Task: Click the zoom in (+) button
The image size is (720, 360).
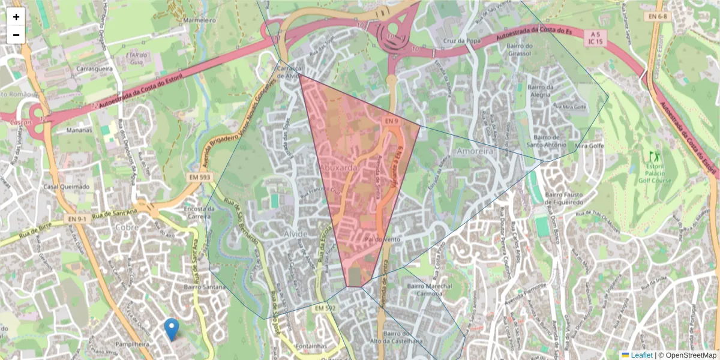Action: pyautogui.click(x=16, y=17)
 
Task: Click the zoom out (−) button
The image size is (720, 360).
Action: pyautogui.click(x=16, y=35)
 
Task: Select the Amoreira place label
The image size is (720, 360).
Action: pyautogui.click(x=474, y=152)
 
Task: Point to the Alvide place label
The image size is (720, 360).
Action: pyautogui.click(x=295, y=233)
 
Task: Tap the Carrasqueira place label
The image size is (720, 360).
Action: pyautogui.click(x=94, y=68)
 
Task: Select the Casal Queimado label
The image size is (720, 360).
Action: pyautogui.click(x=67, y=187)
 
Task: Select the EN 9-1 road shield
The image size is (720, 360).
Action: pyautogui.click(x=77, y=219)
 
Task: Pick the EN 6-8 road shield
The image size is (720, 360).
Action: pyautogui.click(x=659, y=16)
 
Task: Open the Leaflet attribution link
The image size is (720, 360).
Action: pyautogui.click(x=641, y=355)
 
